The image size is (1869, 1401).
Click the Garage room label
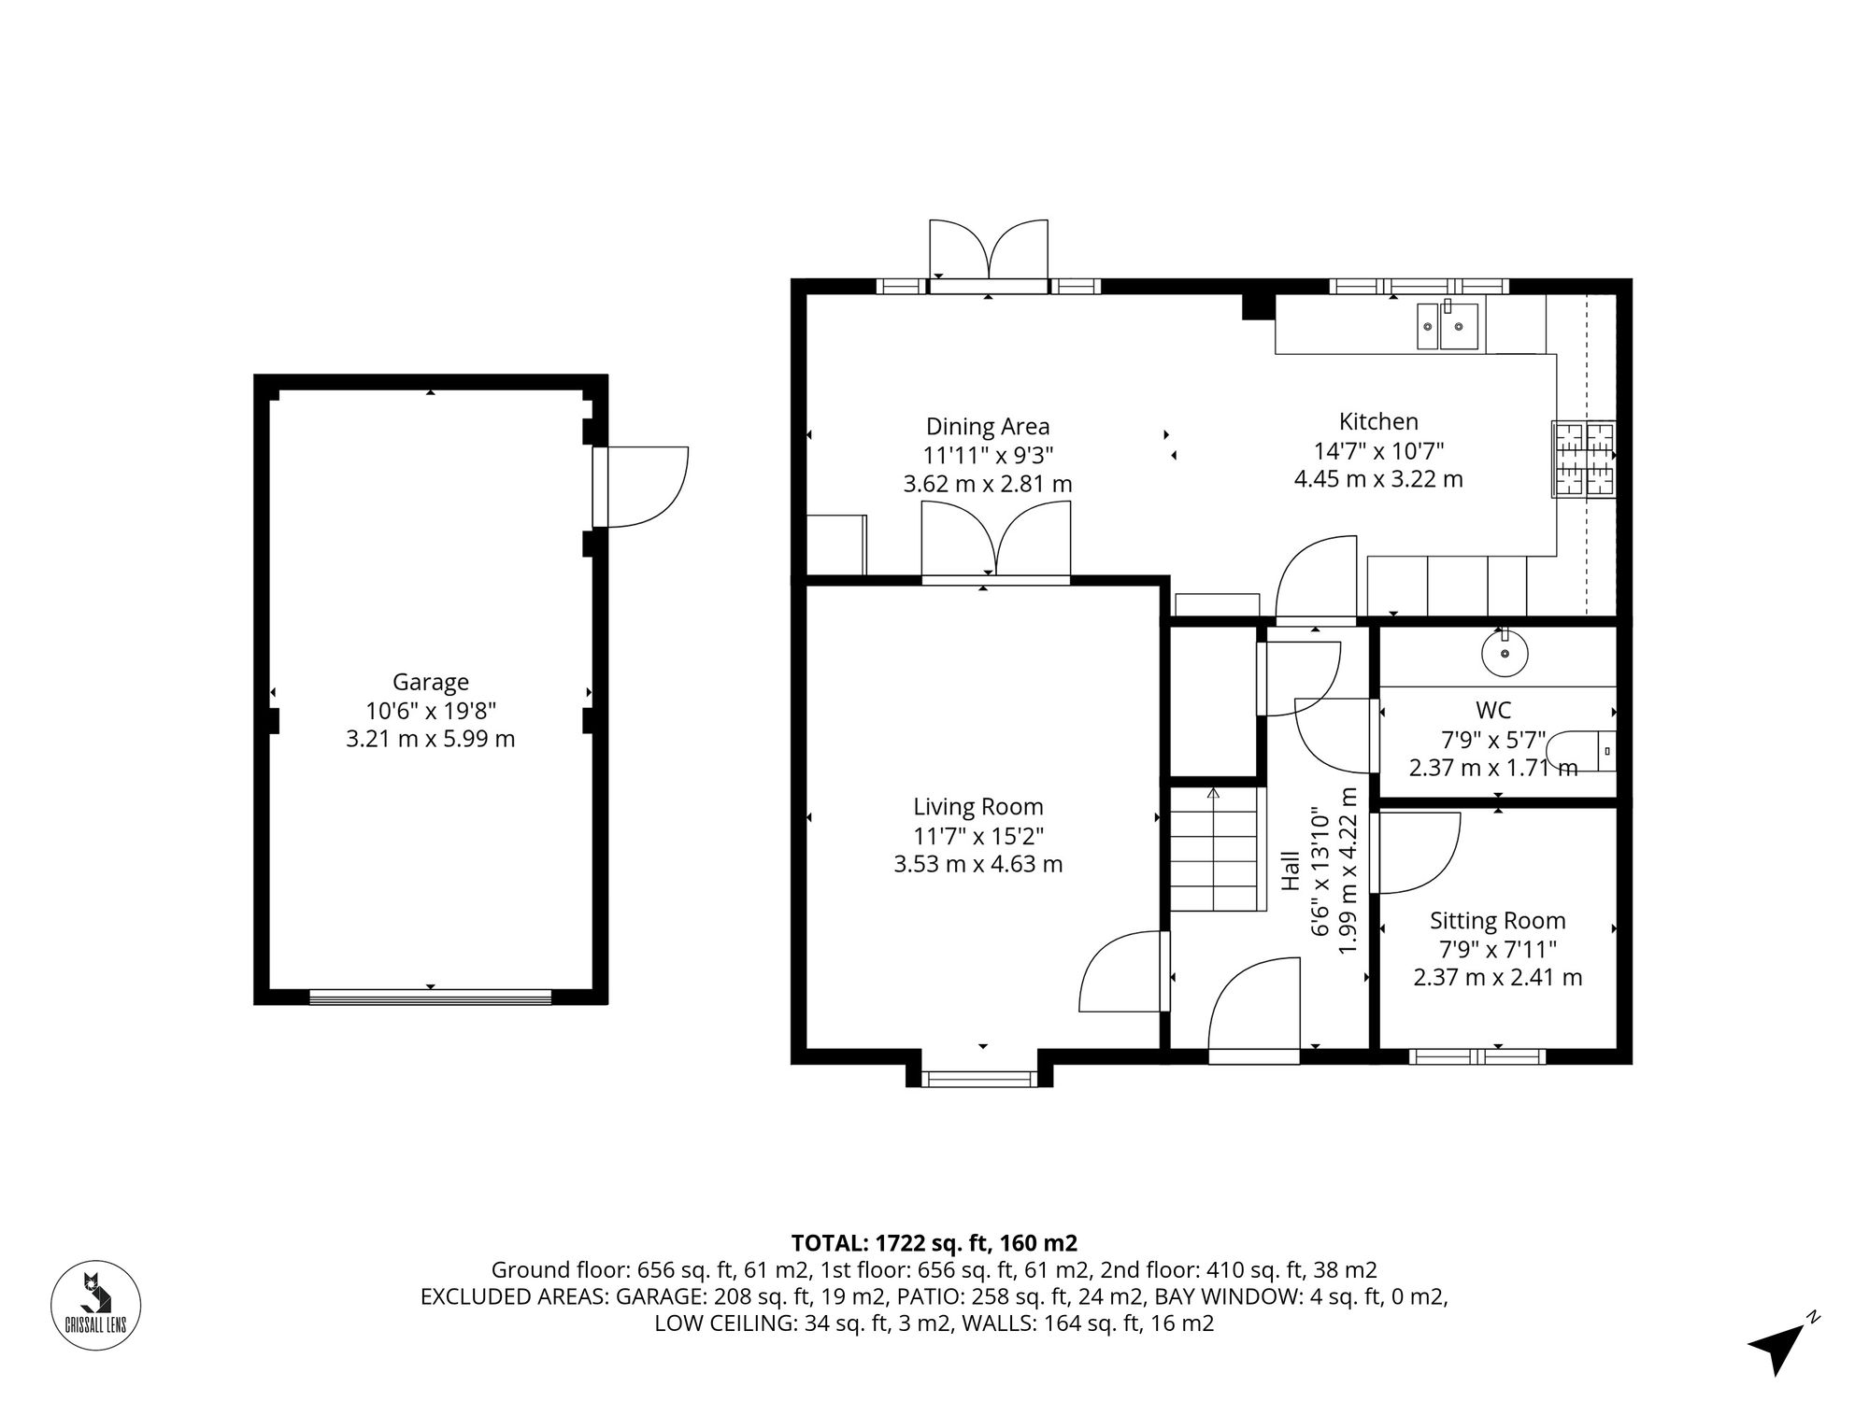click(x=430, y=682)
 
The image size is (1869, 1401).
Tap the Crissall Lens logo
click(x=95, y=1305)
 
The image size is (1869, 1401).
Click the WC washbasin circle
click(x=1505, y=653)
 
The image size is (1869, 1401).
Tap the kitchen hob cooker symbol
click(x=1583, y=459)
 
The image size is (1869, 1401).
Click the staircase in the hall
click(x=1214, y=850)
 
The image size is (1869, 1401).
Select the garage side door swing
click(x=645, y=487)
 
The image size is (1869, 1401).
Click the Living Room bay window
click(x=979, y=1079)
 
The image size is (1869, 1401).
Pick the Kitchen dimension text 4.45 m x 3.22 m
click(x=1378, y=479)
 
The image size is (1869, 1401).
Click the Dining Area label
click(x=988, y=427)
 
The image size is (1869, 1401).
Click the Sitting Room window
click(x=1477, y=1056)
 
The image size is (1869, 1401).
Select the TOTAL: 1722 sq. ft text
click(x=934, y=1243)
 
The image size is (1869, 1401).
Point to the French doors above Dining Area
click(x=989, y=252)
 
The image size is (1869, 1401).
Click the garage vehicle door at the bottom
click(x=430, y=998)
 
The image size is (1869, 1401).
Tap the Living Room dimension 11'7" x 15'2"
click(x=978, y=836)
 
